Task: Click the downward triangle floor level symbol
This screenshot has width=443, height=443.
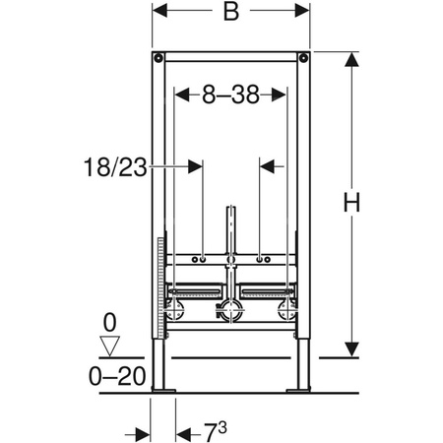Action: pyautogui.click(x=110, y=345)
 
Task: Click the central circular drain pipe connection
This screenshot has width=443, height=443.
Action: pyautogui.click(x=231, y=312)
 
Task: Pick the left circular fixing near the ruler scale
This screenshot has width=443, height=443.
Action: pyautogui.click(x=176, y=312)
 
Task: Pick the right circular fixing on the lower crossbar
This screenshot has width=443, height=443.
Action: pyautogui.click(x=287, y=312)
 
